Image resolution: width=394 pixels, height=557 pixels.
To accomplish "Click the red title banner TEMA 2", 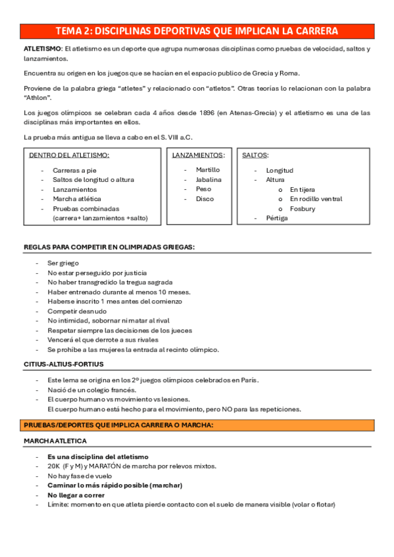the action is (197, 31).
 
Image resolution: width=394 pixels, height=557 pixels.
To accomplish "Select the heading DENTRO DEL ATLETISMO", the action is (70, 156).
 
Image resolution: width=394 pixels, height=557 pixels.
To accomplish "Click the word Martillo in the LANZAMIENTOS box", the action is (208, 169).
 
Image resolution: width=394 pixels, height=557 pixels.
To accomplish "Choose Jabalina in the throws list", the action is (209, 179).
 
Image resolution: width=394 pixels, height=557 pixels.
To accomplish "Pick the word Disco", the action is (205, 199).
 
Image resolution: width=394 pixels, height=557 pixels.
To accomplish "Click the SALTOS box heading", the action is (255, 156).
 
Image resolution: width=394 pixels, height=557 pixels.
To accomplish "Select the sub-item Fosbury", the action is (303, 209).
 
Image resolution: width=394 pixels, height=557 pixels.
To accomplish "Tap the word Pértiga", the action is (277, 218).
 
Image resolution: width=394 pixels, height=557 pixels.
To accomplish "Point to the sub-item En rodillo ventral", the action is (316, 199).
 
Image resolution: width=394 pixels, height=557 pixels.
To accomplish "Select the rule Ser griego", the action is (62, 263).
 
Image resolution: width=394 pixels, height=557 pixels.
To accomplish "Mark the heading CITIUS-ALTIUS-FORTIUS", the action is (63, 364).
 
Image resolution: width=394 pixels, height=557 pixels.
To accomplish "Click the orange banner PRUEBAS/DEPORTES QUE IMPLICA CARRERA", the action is (118, 426).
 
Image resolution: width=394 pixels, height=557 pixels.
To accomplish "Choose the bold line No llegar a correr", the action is (76, 495).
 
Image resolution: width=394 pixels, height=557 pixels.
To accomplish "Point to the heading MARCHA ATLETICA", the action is (60, 441).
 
